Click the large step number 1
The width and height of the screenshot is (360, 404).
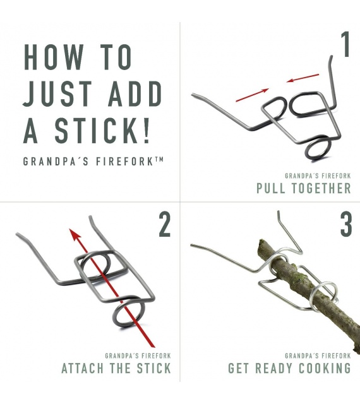[x=345, y=44]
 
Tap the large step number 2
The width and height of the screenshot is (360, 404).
[x=165, y=224]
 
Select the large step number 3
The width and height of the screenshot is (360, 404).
[x=346, y=224]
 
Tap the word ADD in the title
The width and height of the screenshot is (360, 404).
[x=135, y=94]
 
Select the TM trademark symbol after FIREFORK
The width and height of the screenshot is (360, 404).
[x=159, y=160]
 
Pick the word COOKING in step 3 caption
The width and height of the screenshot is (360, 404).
[x=325, y=368]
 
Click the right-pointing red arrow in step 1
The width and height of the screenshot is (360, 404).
[x=252, y=95]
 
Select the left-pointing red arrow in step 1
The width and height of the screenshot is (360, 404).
[x=303, y=78]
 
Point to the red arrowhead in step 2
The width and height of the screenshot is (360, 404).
[x=75, y=234]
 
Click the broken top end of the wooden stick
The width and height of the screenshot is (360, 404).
[x=261, y=244]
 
